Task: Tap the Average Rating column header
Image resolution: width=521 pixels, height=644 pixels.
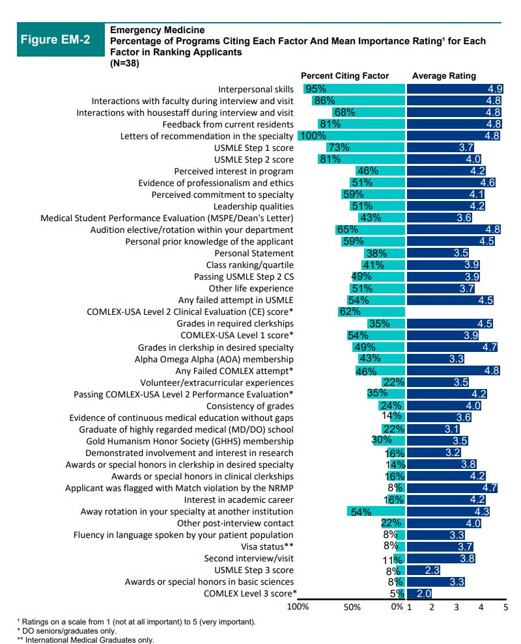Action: coord(444,76)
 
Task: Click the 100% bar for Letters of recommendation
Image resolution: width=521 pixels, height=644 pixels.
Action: coord(351,136)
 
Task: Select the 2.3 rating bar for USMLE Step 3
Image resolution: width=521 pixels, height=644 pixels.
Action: coord(423,570)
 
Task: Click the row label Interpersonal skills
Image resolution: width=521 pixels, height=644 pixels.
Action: coord(255,89)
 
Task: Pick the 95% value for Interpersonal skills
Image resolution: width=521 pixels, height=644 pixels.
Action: coord(316,89)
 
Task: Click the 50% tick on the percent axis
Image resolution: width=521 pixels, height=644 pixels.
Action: coord(352,607)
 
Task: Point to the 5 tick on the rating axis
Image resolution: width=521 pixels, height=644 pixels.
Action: coord(505,607)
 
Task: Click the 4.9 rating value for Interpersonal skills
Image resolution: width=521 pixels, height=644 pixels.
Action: coord(494,89)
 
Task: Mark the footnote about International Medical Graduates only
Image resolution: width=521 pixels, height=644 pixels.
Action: coord(85,639)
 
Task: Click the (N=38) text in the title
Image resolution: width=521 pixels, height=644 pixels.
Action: coord(124,63)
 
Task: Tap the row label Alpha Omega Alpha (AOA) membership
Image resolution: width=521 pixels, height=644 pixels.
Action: coord(214,358)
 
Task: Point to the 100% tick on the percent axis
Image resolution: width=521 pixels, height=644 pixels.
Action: coord(298,607)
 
